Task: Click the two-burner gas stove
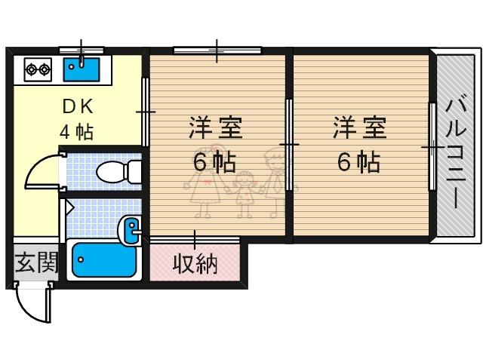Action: (38, 70)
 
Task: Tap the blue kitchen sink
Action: (82, 69)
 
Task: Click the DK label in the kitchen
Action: (78, 107)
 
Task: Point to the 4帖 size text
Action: (76, 133)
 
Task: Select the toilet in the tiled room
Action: (119, 172)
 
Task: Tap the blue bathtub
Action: (104, 260)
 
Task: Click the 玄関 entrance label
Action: (36, 263)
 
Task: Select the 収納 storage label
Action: (195, 264)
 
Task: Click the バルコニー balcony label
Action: (456, 153)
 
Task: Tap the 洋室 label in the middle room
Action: (216, 127)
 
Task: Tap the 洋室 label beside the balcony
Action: (360, 127)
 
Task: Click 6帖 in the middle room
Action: (214, 161)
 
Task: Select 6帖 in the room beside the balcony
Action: (359, 161)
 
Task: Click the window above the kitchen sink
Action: (82, 50)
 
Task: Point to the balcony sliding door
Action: (432, 146)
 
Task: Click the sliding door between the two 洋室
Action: (289, 145)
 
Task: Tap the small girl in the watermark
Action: (245, 194)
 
